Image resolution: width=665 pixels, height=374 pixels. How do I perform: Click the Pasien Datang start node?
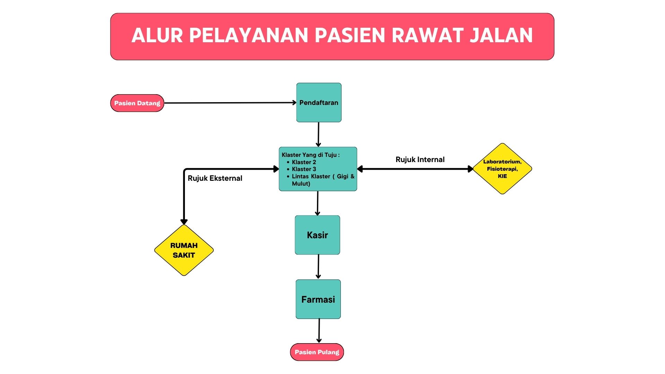[x=137, y=103]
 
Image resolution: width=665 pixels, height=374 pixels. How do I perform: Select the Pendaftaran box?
[x=319, y=103]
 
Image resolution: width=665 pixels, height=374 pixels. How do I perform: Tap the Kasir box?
[x=317, y=235]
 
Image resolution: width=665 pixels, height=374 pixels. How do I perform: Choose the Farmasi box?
[x=318, y=299]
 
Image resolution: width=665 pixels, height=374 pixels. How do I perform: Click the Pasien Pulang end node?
[x=317, y=352]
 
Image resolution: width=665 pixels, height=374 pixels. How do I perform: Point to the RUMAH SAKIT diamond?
[x=184, y=250]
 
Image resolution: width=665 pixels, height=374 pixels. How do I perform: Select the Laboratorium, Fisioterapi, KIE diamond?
[x=502, y=169]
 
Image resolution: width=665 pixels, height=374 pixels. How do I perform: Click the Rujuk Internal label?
[x=420, y=160]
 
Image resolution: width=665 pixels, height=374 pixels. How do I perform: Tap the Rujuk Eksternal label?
[x=215, y=178]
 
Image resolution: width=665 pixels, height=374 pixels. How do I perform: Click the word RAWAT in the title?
[x=428, y=35]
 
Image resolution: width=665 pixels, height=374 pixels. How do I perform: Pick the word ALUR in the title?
[x=157, y=35]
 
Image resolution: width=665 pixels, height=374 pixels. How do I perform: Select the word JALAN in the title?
[x=501, y=35]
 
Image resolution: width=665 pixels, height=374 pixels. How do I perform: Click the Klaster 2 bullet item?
[x=304, y=162]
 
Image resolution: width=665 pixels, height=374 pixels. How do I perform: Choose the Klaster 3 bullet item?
[x=304, y=169]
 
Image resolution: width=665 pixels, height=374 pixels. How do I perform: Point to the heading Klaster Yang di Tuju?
[x=310, y=155]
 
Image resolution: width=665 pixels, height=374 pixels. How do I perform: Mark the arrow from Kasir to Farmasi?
[x=318, y=267]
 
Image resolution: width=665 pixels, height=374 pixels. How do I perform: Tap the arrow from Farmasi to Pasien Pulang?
[x=319, y=330]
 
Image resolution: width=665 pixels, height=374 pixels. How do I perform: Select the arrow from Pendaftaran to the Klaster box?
[x=318, y=134]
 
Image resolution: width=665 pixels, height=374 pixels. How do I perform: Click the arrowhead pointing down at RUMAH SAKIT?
[x=184, y=222]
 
